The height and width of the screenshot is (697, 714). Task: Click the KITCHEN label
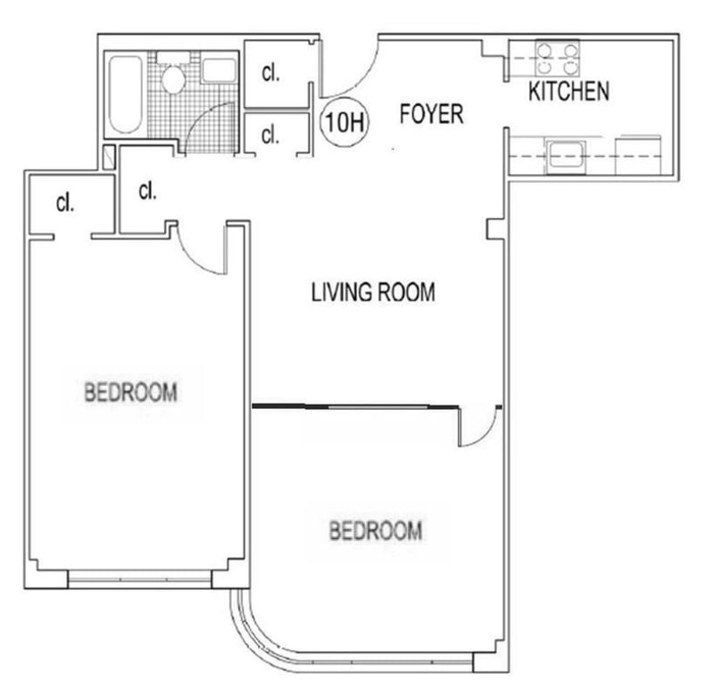569,91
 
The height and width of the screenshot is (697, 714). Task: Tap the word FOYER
431,114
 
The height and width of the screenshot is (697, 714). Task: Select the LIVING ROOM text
373,292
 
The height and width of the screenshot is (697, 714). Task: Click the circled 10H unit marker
345,122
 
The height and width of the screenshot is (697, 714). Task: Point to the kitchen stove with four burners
557,58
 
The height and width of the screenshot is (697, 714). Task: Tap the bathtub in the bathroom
125,95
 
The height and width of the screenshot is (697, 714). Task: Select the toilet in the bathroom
173,74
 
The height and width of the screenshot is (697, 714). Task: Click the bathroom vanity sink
219,71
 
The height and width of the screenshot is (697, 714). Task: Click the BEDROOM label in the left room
131,393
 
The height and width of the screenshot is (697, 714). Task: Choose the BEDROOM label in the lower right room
376,531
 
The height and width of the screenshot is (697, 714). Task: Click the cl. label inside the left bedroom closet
64,203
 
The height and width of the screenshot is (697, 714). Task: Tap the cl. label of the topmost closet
270,73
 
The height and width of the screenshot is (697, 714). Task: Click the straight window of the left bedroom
140,579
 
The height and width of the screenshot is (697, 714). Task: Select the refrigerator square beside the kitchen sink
637,155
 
